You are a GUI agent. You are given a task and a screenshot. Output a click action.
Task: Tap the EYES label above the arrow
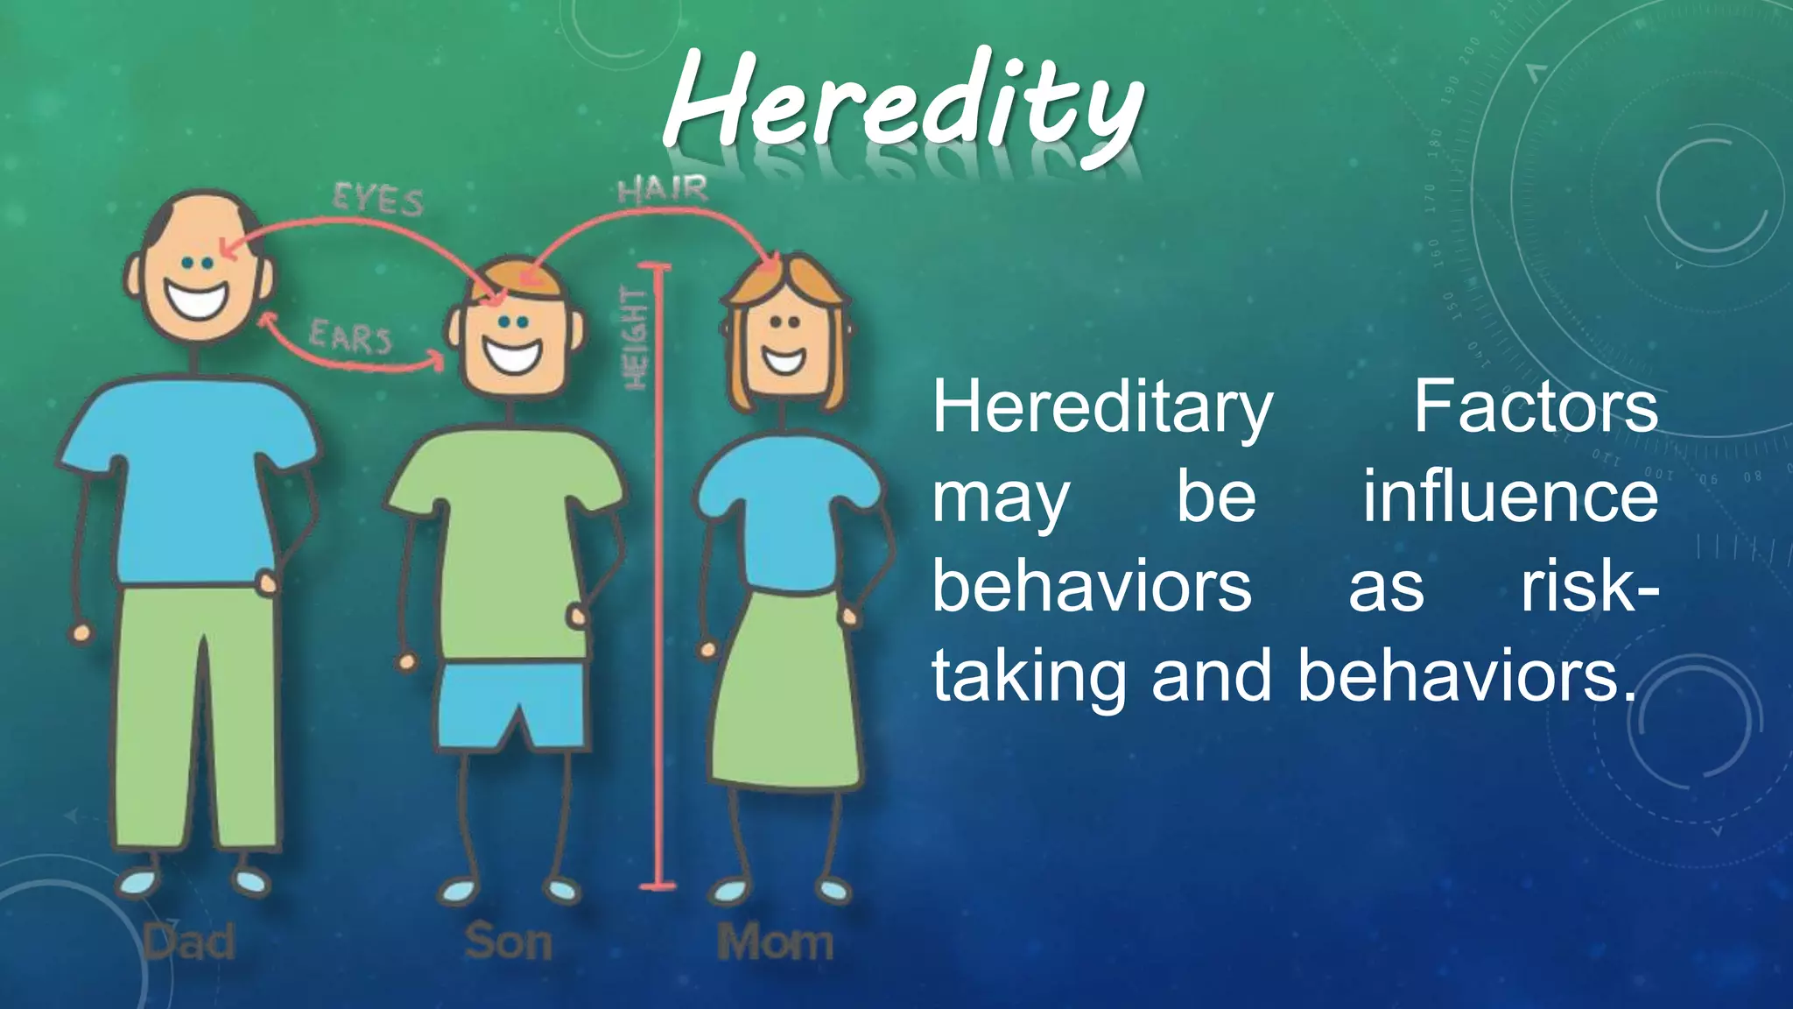(378, 201)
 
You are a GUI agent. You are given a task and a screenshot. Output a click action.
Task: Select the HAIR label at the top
(662, 189)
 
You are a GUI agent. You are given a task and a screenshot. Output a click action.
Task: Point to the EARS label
(350, 337)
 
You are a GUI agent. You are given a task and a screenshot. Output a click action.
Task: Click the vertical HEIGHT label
(635, 338)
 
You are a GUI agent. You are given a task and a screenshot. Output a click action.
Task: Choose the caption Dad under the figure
(189, 942)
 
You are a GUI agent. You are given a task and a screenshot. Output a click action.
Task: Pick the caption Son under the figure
(508, 942)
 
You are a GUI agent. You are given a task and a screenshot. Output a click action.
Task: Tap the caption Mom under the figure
(775, 942)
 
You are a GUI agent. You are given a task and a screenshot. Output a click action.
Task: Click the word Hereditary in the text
(1101, 408)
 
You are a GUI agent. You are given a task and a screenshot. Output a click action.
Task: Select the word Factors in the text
(1536, 406)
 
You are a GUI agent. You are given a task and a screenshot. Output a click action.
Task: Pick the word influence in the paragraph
(1509, 497)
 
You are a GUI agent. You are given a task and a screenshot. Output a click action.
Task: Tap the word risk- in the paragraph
(1588, 586)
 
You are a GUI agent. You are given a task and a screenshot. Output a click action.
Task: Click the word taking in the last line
(1028, 677)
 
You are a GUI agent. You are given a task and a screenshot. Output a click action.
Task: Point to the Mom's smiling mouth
(784, 359)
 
